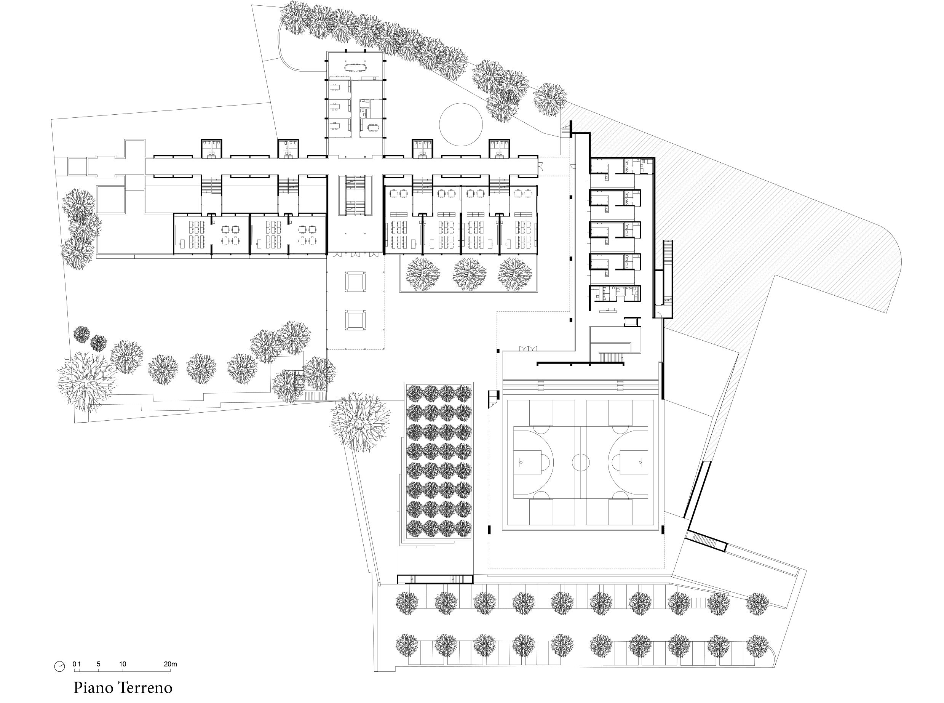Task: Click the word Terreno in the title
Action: [145, 687]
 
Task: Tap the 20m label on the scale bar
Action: [170, 664]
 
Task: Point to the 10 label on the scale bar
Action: [123, 664]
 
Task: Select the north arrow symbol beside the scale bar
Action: [59, 666]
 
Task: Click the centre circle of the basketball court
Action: [581, 462]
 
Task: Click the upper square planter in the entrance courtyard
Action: [355, 281]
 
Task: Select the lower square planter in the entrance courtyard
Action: [355, 320]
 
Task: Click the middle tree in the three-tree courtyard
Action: [469, 274]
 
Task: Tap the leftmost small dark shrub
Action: [81, 335]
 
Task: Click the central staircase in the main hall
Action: [355, 195]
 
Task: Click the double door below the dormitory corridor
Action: [528, 349]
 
